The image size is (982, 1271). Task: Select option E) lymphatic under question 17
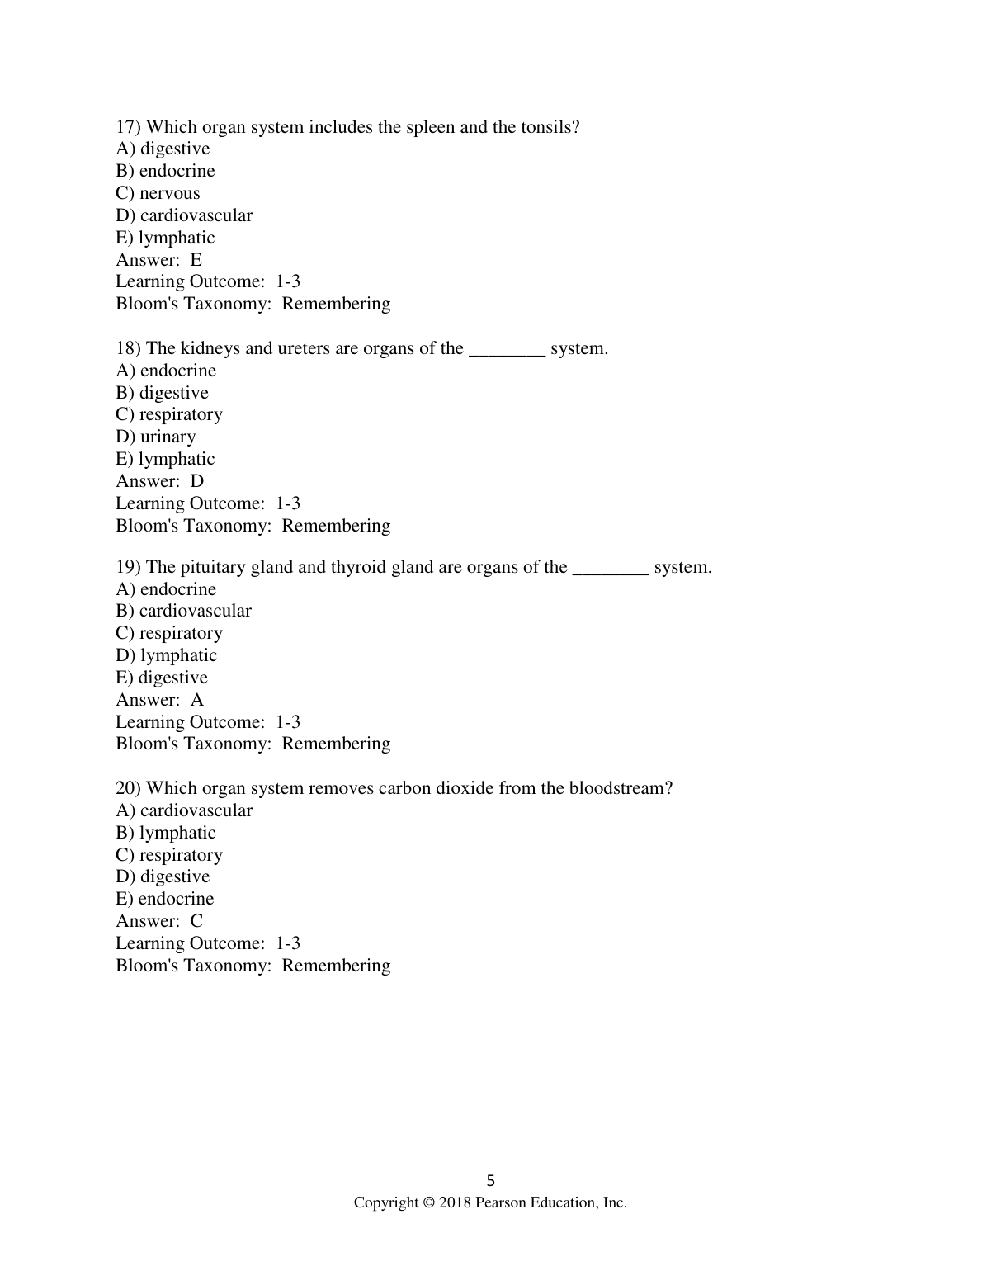click(x=165, y=238)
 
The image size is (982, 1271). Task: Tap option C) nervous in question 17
click(x=158, y=193)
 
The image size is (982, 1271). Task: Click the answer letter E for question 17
click(x=196, y=260)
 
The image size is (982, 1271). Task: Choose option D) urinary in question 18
click(x=156, y=437)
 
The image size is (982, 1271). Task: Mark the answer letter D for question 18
click(x=196, y=481)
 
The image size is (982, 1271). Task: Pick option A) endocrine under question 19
click(x=166, y=589)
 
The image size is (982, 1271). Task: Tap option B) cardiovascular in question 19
click(x=183, y=611)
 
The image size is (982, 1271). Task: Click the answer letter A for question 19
click(x=196, y=700)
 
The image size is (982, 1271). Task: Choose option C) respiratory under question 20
click(x=169, y=855)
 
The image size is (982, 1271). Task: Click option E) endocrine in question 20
click(x=165, y=899)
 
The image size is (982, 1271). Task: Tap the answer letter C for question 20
click(x=196, y=921)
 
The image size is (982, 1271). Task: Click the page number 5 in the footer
click(x=491, y=1180)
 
